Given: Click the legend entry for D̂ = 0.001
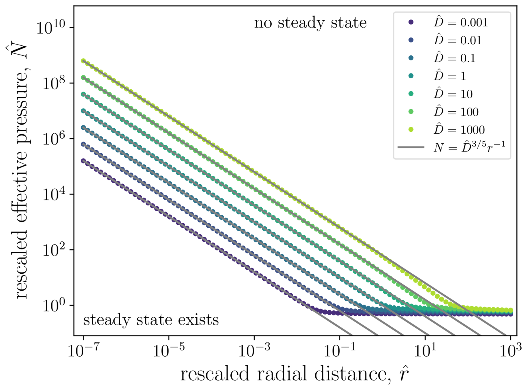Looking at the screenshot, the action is pos(448,22).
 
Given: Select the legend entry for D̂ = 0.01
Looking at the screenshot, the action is pos(445,40).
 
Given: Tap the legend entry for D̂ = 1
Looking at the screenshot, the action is pos(438,76).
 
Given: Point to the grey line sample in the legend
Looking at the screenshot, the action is pos(411,147).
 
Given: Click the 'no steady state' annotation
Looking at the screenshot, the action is pos(310,23).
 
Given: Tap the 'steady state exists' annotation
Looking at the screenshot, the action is pos(151,320).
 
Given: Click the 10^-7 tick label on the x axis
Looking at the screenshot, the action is pos(83,351).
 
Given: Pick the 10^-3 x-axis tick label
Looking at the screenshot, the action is pos(254,351).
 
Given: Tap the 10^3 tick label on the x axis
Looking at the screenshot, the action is pos(511,351).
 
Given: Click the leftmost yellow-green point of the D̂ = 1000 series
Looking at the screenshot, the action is pos(83,61).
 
